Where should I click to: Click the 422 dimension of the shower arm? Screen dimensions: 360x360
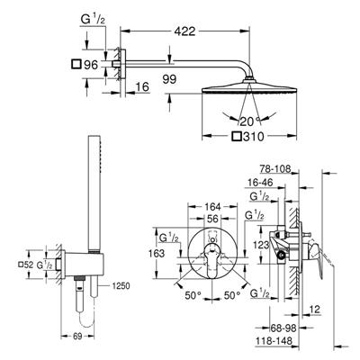pyautogui.click(x=184, y=31)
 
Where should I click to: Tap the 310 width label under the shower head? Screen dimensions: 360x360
pyautogui.click(x=253, y=137)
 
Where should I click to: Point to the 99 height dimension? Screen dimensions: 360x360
pyautogui.click(x=169, y=79)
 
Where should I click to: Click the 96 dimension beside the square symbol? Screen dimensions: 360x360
pyautogui.click(x=91, y=65)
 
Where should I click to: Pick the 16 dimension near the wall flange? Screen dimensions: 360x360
pyautogui.click(x=142, y=87)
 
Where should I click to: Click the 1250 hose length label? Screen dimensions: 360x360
pyautogui.click(x=121, y=286)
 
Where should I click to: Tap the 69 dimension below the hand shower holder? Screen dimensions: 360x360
pyautogui.click(x=77, y=337)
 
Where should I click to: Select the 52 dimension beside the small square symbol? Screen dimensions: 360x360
pyautogui.click(x=29, y=265)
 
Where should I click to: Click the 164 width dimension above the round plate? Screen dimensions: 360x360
pyautogui.click(x=212, y=207)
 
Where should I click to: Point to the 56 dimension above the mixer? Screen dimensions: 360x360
pyautogui.click(x=212, y=219)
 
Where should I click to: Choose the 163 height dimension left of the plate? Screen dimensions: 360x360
pyautogui.click(x=157, y=254)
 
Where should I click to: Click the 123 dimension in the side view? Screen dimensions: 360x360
pyautogui.click(x=261, y=245)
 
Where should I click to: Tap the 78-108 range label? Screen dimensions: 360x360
pyautogui.click(x=274, y=169)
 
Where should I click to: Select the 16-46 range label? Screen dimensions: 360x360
pyautogui.click(x=261, y=183)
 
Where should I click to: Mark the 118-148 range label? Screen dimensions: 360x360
pyautogui.click(x=274, y=341)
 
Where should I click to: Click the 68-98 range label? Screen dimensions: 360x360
pyautogui.click(x=283, y=328)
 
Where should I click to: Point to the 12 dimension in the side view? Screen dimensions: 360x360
pyautogui.click(x=314, y=310)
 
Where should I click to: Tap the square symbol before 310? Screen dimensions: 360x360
pyautogui.click(x=237, y=137)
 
